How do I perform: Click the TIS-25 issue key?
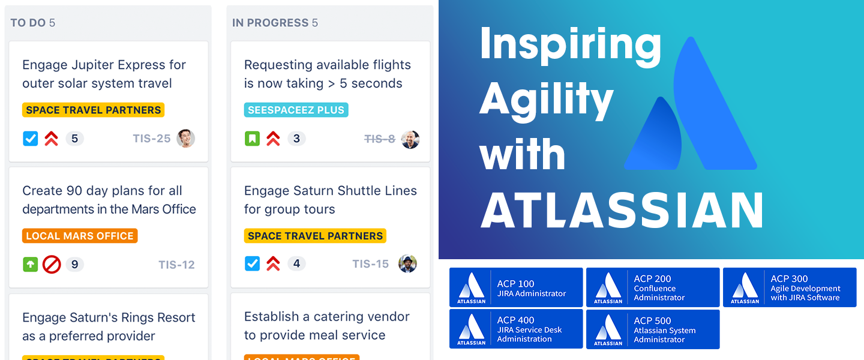tap(152, 139)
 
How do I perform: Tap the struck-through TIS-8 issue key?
tap(380, 139)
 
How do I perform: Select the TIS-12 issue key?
tap(176, 265)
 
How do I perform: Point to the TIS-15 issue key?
tap(370, 264)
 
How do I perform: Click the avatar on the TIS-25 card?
tap(185, 139)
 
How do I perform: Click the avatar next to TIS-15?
tap(407, 264)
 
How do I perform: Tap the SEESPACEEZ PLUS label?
tap(296, 110)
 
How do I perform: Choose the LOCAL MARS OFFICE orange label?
tap(80, 236)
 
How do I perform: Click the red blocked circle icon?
tap(52, 265)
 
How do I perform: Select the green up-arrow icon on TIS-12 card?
tap(31, 265)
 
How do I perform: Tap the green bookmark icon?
tap(252, 139)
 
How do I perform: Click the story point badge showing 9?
tap(74, 265)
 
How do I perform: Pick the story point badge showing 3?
tap(296, 139)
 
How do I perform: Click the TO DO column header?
tap(33, 23)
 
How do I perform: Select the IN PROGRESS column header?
tap(275, 23)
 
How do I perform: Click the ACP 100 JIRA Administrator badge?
tap(516, 287)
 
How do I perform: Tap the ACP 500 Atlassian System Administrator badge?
tap(653, 329)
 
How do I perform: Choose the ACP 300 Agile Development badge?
tap(790, 287)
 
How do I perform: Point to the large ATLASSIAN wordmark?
tap(622, 210)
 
